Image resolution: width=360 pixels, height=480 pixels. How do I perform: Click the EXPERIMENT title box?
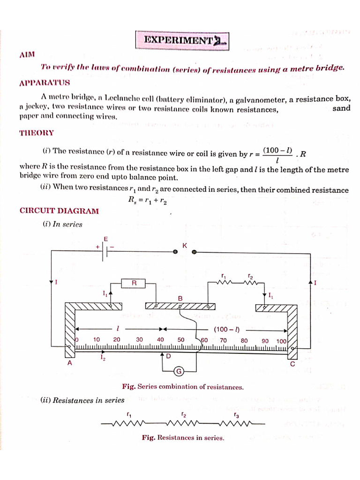182,40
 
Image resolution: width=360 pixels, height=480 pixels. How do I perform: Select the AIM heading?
27,55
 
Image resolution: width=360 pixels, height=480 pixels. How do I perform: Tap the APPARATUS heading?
45,83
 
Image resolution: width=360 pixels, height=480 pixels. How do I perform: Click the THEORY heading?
36,133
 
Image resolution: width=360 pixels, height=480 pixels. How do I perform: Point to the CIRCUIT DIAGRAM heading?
59,211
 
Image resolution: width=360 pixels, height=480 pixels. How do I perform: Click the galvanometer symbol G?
179,372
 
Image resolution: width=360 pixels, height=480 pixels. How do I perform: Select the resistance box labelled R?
134,283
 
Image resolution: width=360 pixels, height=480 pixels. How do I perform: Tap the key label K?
185,245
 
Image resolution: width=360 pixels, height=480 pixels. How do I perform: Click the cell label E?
106,239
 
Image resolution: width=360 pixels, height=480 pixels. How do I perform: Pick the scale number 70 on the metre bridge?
223,340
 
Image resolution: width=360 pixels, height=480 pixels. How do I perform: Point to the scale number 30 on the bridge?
139,340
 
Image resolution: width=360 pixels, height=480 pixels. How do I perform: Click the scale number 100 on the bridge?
281,341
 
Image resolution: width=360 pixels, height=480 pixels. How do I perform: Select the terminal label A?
70,362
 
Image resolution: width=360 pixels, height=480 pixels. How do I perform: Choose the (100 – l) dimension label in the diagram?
227,329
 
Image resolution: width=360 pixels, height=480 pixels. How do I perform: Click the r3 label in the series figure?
236,415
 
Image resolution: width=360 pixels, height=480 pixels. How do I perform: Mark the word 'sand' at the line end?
341,109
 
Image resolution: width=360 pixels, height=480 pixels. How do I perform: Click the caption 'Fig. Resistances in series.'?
183,438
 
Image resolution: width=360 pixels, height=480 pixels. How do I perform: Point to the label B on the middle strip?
180,298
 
